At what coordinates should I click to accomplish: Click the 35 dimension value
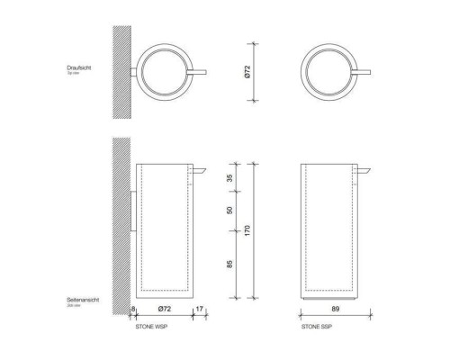coord(229,178)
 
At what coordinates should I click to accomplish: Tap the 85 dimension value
coord(229,266)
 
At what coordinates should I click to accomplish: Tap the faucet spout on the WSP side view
coord(201,169)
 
